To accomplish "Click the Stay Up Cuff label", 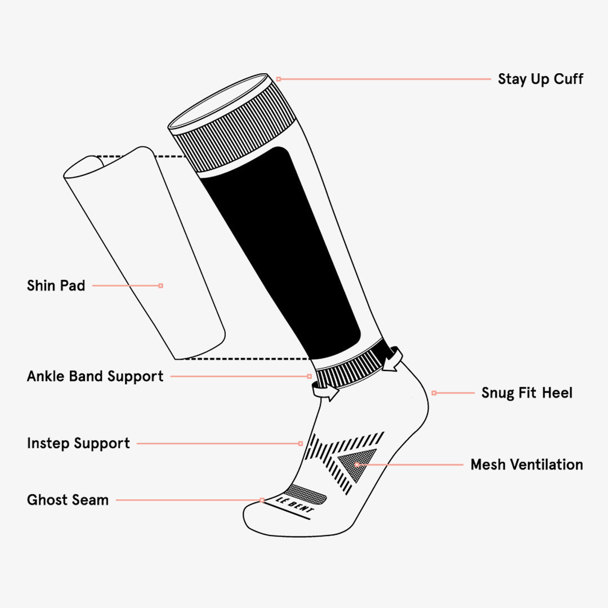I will pyautogui.click(x=540, y=79).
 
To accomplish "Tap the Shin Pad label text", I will pyautogui.click(x=56, y=285).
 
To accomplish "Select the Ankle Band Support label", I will pyautogui.click(x=95, y=376).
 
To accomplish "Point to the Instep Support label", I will pyautogui.click(x=78, y=443).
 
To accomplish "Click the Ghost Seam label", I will pyautogui.click(x=68, y=499).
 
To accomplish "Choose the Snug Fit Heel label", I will pyautogui.click(x=526, y=392).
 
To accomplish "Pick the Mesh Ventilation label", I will pyautogui.click(x=526, y=464).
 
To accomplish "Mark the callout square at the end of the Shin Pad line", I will pyautogui.click(x=161, y=285).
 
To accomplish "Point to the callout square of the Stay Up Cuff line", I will pyautogui.click(x=278, y=79).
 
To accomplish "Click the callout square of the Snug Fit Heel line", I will pyautogui.click(x=433, y=392).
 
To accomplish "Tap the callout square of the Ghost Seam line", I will pyautogui.click(x=262, y=499).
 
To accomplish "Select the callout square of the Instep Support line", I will pyautogui.click(x=300, y=444).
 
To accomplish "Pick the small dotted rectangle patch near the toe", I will pyautogui.click(x=307, y=494).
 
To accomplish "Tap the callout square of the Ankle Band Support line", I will pyautogui.click(x=309, y=376).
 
